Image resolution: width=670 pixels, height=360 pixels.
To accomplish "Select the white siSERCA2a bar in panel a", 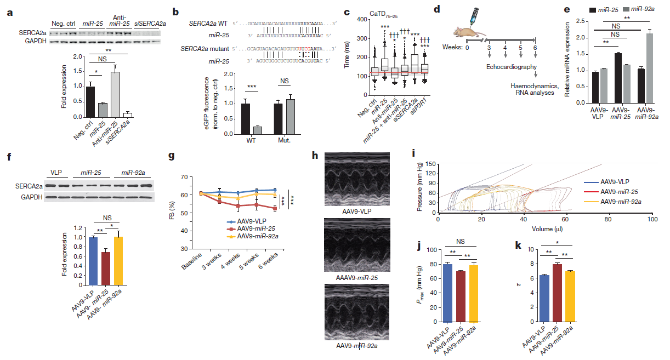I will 128,115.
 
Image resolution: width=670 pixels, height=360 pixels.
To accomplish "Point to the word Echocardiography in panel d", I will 508,67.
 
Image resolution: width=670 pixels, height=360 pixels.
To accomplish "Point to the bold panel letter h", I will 315,156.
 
